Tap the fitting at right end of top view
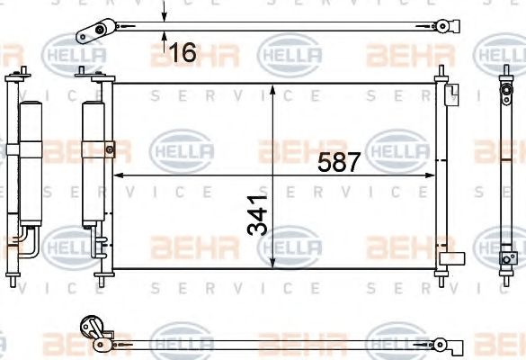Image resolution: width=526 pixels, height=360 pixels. click(441, 26)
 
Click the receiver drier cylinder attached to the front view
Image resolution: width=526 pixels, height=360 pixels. click(94, 162)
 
